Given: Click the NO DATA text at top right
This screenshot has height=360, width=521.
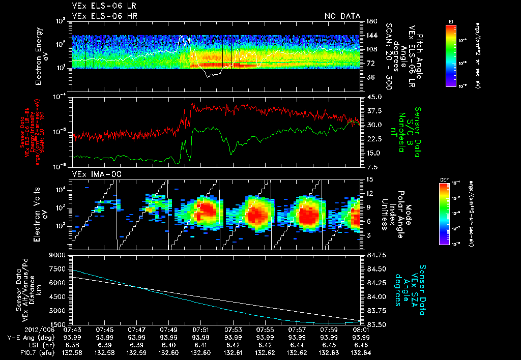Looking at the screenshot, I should (342, 16).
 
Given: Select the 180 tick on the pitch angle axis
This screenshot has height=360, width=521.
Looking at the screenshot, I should (370, 21).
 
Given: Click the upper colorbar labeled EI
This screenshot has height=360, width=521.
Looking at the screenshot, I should (451, 54).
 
